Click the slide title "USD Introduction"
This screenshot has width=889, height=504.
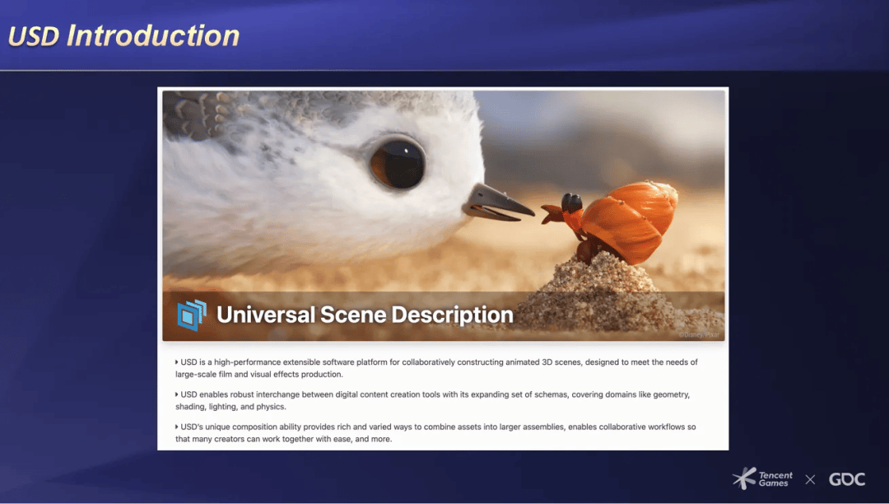123,35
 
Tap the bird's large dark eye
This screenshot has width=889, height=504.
398,164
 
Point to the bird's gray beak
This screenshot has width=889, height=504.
498,203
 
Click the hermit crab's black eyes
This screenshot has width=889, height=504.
571,203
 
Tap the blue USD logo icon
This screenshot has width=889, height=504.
192,315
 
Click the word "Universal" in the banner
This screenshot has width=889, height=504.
265,315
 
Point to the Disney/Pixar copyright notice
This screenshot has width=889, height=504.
699,334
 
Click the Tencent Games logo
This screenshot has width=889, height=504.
762,478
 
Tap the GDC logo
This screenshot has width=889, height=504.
847,479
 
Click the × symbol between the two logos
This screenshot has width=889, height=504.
810,479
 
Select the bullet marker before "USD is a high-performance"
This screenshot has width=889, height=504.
176,362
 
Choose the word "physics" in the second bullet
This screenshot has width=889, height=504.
271,407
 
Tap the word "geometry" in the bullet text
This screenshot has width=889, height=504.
672,394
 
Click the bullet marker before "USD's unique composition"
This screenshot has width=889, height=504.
176,427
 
